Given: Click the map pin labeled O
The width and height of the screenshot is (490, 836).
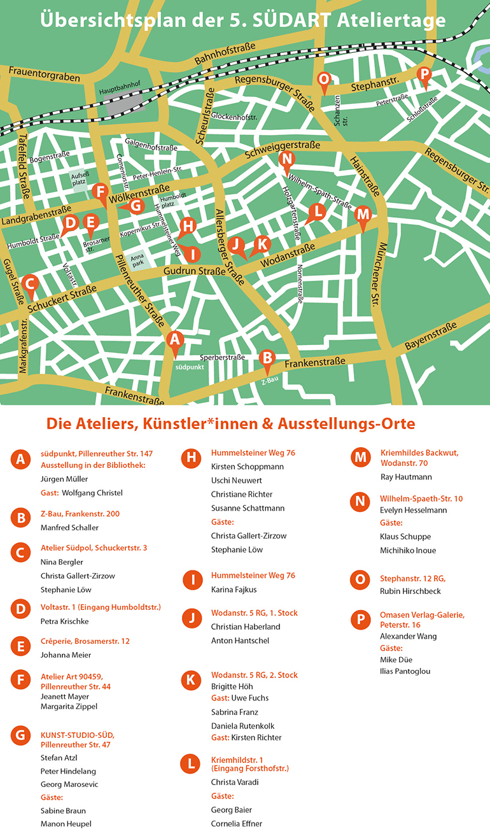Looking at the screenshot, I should pyautogui.click(x=324, y=80).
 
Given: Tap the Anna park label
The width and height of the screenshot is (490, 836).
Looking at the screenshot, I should pyautogui.click(x=137, y=261).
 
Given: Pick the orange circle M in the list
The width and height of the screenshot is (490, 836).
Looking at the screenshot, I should pyautogui.click(x=360, y=458).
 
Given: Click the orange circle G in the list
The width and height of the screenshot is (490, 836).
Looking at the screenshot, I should pyautogui.click(x=21, y=736).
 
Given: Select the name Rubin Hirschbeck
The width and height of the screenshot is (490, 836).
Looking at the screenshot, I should pyautogui.click(x=410, y=592).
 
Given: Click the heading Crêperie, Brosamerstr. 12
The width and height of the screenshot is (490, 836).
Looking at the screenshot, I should pyautogui.click(x=85, y=641).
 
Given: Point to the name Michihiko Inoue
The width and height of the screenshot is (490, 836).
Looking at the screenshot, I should pyautogui.click(x=408, y=550).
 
